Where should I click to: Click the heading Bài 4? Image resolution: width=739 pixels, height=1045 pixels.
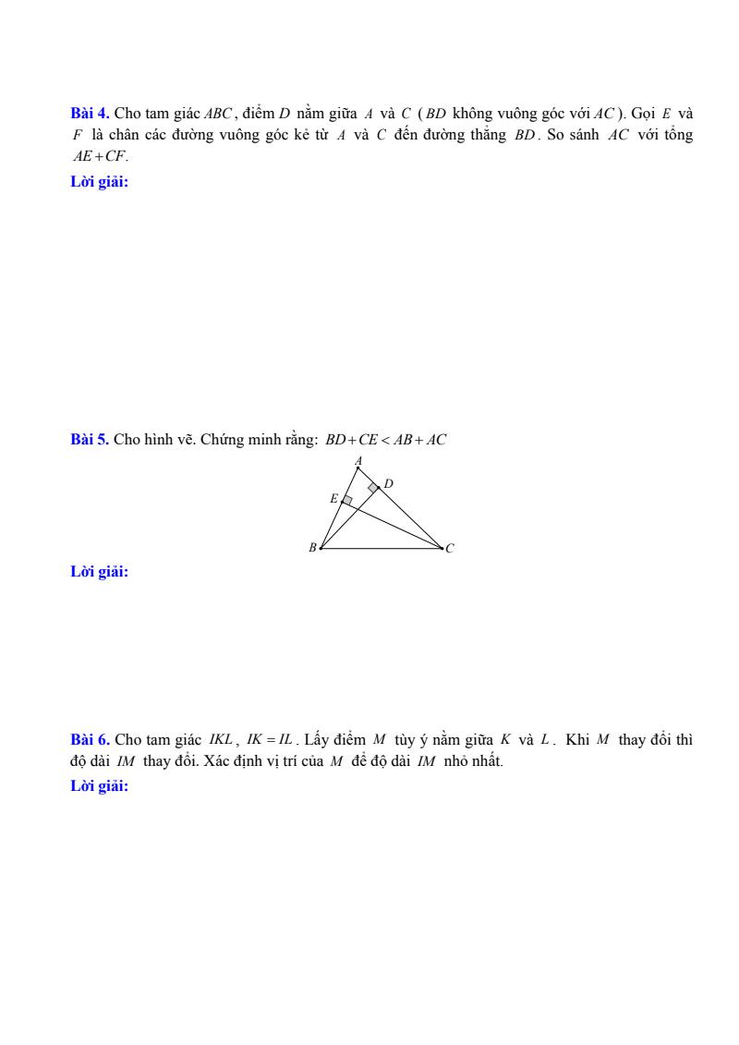click(x=90, y=114)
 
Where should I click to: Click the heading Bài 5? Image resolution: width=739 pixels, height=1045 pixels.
click(x=90, y=440)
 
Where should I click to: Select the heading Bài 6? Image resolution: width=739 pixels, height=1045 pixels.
click(x=90, y=740)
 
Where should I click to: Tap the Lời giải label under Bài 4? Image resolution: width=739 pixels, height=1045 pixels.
click(x=100, y=182)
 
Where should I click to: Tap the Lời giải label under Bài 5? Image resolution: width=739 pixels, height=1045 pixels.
click(x=100, y=572)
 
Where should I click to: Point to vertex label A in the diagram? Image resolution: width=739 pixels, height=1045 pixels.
click(x=358, y=459)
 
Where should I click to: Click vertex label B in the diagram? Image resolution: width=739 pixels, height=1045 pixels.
click(x=312, y=548)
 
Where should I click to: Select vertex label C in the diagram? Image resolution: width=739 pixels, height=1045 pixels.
click(x=450, y=549)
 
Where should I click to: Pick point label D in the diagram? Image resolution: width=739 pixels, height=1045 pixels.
click(x=389, y=482)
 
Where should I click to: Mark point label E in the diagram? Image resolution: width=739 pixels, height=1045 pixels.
click(x=333, y=498)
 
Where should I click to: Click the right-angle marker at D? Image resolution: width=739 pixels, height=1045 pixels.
click(x=373, y=487)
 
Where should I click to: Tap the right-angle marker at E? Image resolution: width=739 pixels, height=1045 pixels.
click(x=347, y=500)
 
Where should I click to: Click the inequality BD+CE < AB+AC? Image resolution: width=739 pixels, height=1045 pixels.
click(x=385, y=441)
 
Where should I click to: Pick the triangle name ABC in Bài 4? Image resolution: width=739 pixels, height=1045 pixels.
click(x=218, y=115)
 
